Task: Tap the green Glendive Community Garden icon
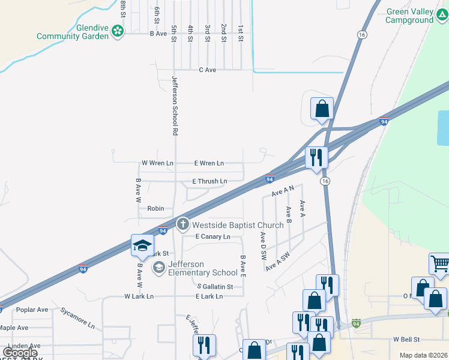pos(118,31)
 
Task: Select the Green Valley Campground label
pos(410,16)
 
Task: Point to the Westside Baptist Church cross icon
pos(182,225)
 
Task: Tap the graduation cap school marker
pos(142,245)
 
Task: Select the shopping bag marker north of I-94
pos(322,109)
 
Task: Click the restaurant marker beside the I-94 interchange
pos(316,157)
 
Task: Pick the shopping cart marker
pos(440,263)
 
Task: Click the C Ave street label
pos(208,70)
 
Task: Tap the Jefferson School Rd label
pos(175,105)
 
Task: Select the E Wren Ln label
pos(209,163)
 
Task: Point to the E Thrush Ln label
pos(209,181)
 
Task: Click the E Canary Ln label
pos(213,237)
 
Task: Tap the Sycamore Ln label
pos(77,318)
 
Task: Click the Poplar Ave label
pos(32,310)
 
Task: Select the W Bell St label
pos(406,340)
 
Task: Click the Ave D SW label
pos(263,246)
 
